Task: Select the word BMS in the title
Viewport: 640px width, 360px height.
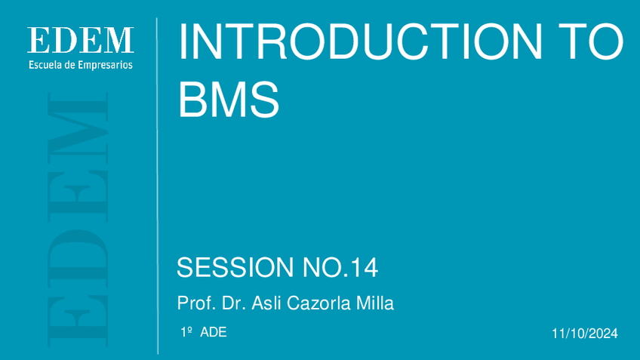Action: pos(229,99)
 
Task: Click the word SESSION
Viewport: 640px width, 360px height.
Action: pos(235,267)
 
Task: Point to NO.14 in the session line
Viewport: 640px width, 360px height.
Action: pos(340,267)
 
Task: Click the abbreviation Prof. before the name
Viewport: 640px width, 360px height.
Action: pos(196,303)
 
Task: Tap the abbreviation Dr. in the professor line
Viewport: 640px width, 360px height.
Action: pos(233,303)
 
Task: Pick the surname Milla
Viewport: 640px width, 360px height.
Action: pos(375,303)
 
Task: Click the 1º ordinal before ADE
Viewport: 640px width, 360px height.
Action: pos(186,332)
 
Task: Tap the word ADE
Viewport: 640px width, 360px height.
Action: pos(214,332)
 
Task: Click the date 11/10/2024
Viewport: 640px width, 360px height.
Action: pos(585,334)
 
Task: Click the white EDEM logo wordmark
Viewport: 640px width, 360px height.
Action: pos(81,40)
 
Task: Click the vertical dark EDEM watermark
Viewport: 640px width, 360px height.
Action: pos(78,220)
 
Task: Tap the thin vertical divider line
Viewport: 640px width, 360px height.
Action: pos(158,186)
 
